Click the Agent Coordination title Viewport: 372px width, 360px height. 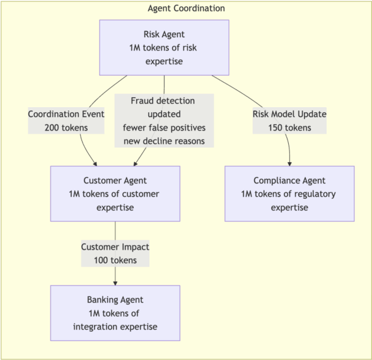click(186, 9)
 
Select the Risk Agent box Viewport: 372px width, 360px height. click(164, 48)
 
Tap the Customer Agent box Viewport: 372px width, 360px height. click(115, 194)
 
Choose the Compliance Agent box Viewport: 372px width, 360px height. click(289, 194)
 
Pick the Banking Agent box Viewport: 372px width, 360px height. click(115, 313)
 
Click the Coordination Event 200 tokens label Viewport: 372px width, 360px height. click(66, 120)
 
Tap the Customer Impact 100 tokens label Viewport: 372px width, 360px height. click(115, 253)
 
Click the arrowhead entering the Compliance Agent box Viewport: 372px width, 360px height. click(289, 164)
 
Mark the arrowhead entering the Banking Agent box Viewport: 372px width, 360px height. click(115, 283)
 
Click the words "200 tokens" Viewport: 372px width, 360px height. click(66, 127)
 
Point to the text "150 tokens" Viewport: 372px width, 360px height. click(289, 127)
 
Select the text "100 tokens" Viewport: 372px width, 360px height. click(115, 260)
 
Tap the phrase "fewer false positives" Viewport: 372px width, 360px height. click(164, 127)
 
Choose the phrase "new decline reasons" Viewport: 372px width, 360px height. click(164, 141)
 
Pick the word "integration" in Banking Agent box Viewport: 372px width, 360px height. click(94, 327)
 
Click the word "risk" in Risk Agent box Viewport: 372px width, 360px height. click(190, 48)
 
